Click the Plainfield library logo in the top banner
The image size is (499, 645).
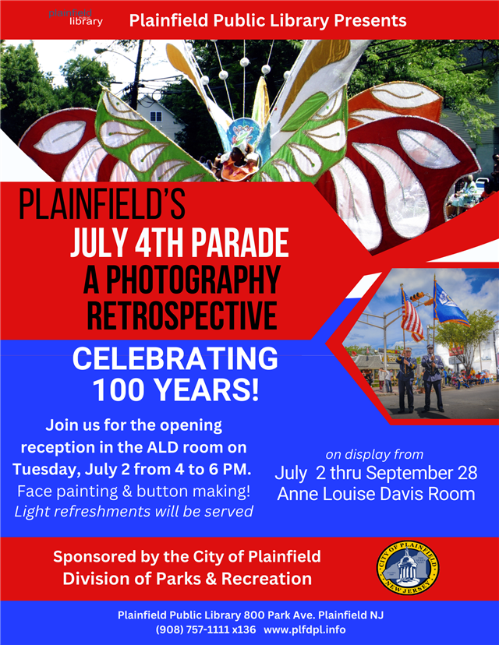coord(75,17)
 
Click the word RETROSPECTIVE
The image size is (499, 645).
coord(182,315)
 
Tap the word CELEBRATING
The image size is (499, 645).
coord(175,359)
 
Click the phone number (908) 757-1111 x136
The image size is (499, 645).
coord(205,629)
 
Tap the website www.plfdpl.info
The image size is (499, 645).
coord(305,629)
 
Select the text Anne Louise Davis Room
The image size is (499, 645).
coord(375,494)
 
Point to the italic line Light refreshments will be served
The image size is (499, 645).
coord(133,512)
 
